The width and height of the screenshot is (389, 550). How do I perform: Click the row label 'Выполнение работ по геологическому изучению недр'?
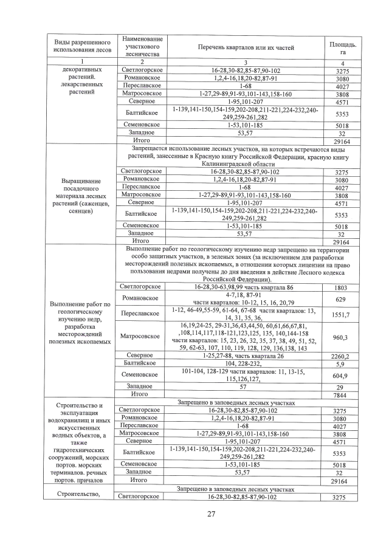tap(81, 322)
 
